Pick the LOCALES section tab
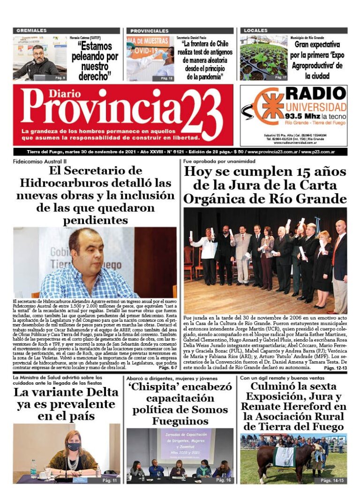(x=256, y=30)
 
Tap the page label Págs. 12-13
(x=335, y=368)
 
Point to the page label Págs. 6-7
(x=167, y=368)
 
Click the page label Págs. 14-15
(x=332, y=481)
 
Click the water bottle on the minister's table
(x=33, y=468)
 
